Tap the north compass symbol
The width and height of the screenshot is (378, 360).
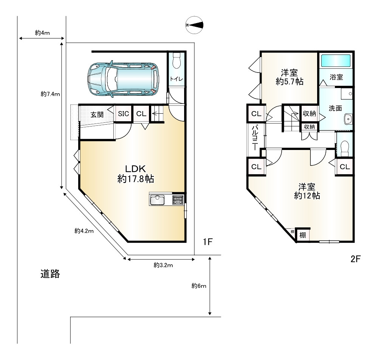pyautogui.click(x=194, y=25)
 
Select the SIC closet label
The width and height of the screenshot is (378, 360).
pyautogui.click(x=123, y=113)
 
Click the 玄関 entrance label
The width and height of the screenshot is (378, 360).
pyautogui.click(x=97, y=114)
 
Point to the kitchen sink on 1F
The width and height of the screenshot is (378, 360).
pyautogui.click(x=157, y=200)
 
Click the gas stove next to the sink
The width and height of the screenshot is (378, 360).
pyautogui.click(x=178, y=200)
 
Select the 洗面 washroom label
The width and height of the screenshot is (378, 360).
pyautogui.click(x=335, y=108)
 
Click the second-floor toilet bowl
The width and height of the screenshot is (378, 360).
pyautogui.click(x=345, y=147)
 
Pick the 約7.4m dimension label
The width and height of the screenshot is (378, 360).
pyautogui.click(x=50, y=94)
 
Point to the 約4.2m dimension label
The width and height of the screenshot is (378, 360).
pyautogui.click(x=84, y=231)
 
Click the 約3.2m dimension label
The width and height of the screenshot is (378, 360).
pyautogui.click(x=163, y=265)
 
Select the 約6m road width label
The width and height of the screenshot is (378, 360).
pyautogui.click(x=199, y=286)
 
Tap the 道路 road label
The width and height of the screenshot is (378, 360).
pyautogui.click(x=50, y=274)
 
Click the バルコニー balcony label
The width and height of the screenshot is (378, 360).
pyautogui.click(x=255, y=138)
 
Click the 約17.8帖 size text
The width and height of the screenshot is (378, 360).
pyautogui.click(x=136, y=179)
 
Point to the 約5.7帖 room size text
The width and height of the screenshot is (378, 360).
pyautogui.click(x=290, y=82)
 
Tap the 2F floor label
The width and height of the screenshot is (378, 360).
pyautogui.click(x=355, y=259)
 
